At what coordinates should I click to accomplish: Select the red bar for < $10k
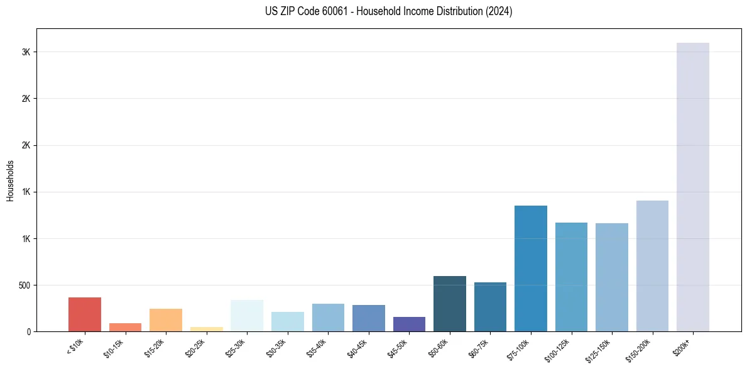click(x=85, y=314)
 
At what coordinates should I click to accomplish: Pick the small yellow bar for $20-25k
click(x=207, y=329)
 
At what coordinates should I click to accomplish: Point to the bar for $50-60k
click(x=449, y=304)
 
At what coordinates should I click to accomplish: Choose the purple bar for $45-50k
click(x=409, y=324)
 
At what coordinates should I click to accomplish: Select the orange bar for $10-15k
click(x=125, y=327)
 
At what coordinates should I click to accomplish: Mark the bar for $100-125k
click(x=571, y=277)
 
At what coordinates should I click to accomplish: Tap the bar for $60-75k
click(x=490, y=307)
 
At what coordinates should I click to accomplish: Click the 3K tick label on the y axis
click(x=26, y=52)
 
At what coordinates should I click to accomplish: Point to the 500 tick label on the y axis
click(x=24, y=285)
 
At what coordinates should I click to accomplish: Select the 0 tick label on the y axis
click(x=29, y=332)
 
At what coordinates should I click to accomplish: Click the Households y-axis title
click(x=10, y=180)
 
